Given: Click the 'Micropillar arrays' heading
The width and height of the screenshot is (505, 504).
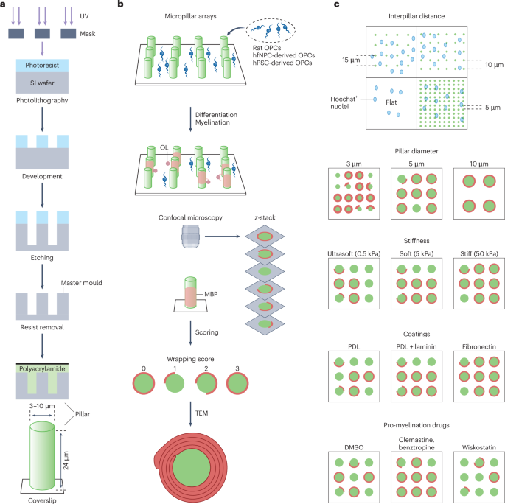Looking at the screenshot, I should point(193,15).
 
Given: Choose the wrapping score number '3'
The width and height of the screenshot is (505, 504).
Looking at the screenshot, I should point(243,365).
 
